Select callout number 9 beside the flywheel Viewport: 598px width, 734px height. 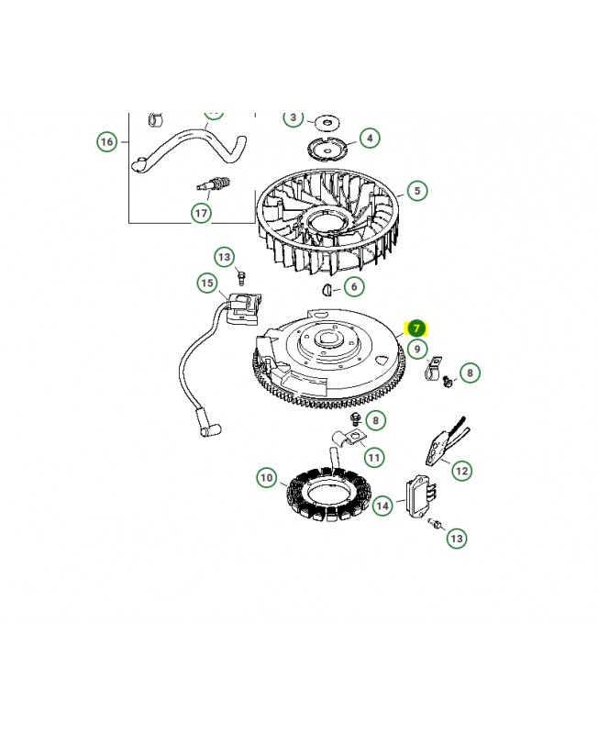coord(416,349)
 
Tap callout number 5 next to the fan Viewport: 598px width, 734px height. coord(417,191)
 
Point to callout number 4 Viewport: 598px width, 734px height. coord(370,139)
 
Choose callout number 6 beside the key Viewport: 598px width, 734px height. coord(354,287)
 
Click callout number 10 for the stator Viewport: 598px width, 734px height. coord(266,477)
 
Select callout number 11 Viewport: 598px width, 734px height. coord(374,456)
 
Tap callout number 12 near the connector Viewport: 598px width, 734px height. coord(461,471)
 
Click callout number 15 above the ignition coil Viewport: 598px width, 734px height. coord(207,284)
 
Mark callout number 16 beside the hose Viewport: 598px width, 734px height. coord(107,141)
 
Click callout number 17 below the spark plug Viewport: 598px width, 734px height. coord(201,213)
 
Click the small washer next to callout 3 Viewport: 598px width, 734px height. coord(323,121)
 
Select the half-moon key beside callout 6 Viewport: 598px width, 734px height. coord(326,291)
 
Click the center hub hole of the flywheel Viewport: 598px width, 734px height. coord(327,347)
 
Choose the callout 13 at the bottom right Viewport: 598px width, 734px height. coord(457,538)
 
